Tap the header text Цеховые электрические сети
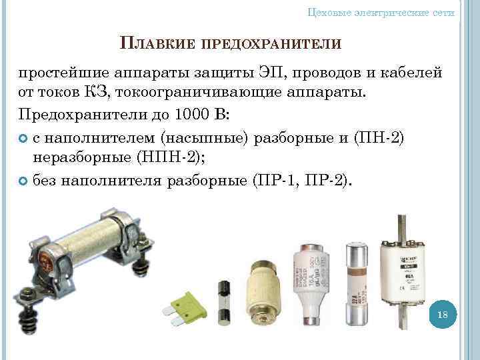click(382, 12)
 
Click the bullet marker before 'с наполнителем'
click(23, 138)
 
